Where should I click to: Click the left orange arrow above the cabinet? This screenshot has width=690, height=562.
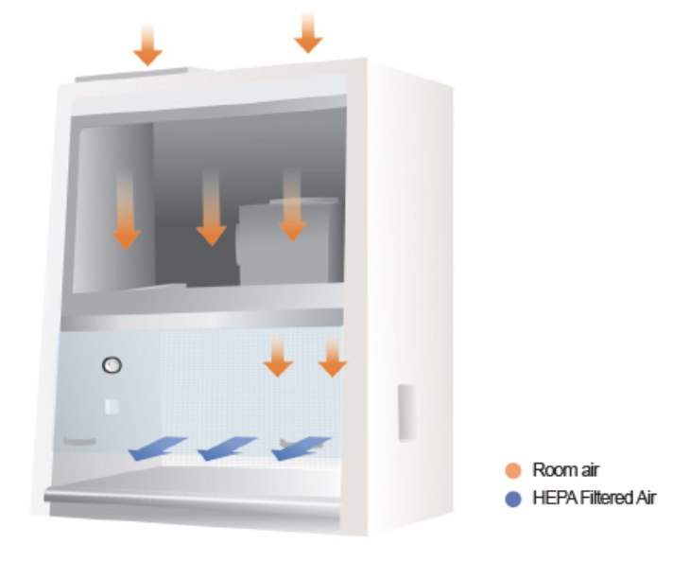coord(147,44)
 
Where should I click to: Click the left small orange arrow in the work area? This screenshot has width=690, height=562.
coord(277,357)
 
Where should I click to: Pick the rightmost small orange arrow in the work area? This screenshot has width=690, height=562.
coord(333,357)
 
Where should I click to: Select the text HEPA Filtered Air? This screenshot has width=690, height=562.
coord(594,498)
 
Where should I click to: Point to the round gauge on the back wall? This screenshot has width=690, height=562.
coord(112,363)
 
